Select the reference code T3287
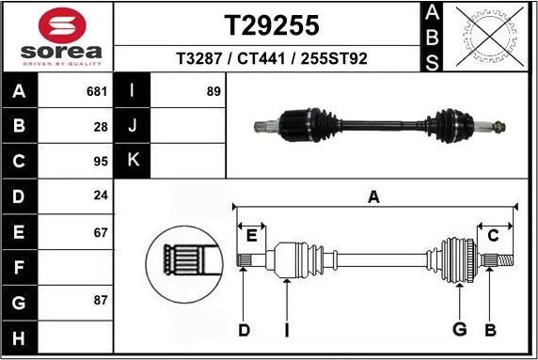click(x=199, y=59)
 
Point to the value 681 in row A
click(x=97, y=92)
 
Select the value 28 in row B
click(x=101, y=125)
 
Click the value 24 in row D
click(x=101, y=196)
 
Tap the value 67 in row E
click(x=101, y=231)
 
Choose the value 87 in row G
click(x=101, y=301)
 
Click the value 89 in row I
click(x=214, y=92)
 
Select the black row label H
click(x=20, y=337)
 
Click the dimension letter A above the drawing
click(x=373, y=196)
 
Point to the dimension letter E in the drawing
click(x=251, y=235)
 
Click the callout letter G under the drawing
click(x=459, y=329)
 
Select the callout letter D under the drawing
click(x=244, y=329)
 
